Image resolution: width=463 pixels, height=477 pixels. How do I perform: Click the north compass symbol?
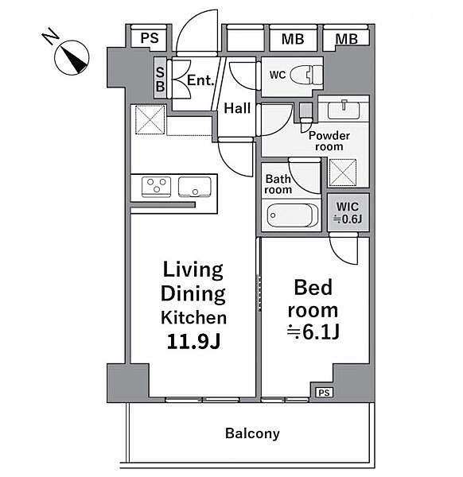click(72, 57)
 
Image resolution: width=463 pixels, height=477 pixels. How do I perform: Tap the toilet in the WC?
click(306, 75)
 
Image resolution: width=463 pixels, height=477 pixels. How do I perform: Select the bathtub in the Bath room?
click(293, 215)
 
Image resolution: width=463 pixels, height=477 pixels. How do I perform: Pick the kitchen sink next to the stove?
click(195, 187)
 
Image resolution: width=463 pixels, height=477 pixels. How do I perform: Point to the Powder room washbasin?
click(344, 111)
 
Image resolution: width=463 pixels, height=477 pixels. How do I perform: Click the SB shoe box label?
click(160, 79)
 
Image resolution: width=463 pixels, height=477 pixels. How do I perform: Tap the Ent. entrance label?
click(200, 80)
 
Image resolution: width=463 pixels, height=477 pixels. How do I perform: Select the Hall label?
click(237, 108)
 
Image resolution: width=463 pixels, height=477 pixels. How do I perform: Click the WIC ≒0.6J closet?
click(348, 212)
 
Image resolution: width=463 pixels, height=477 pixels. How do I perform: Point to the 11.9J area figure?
click(193, 341)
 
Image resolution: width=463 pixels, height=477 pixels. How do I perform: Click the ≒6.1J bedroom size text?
click(313, 332)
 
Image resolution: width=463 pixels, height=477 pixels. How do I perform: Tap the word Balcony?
click(252, 433)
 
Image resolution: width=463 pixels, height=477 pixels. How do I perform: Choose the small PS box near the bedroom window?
click(325, 393)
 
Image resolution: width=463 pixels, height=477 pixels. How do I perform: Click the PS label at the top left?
click(150, 38)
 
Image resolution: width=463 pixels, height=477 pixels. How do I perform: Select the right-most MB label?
click(346, 39)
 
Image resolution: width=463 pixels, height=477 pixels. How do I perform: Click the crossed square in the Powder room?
click(343, 173)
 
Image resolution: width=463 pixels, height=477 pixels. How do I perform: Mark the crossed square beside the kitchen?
click(150, 120)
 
